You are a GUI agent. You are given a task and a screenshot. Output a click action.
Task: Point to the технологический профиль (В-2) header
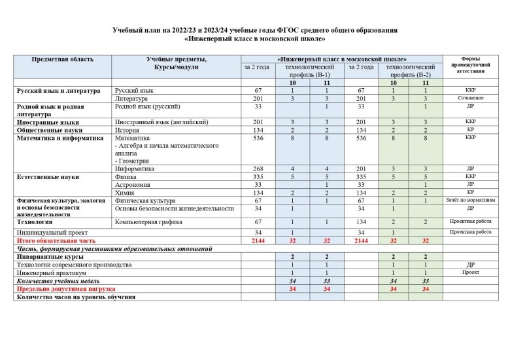411,71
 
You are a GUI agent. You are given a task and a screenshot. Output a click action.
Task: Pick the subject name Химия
126,193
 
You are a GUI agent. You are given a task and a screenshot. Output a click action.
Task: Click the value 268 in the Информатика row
258,169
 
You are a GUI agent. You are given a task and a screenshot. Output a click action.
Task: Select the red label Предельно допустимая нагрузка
65,288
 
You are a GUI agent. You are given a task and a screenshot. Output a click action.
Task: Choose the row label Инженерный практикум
52,272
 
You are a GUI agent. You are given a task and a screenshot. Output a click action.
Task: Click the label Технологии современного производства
74,265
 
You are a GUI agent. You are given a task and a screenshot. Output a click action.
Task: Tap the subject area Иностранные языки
48,122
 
